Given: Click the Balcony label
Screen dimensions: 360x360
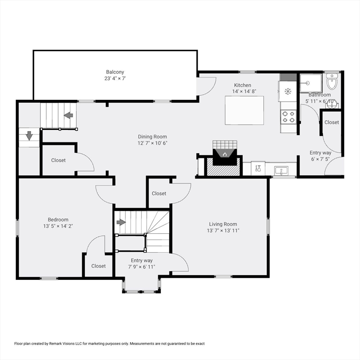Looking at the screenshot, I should coord(115,72).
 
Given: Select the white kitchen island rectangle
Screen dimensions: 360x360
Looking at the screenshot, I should coord(244,110).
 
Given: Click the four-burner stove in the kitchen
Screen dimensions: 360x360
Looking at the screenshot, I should coord(288,116).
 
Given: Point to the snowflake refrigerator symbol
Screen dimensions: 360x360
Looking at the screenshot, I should coord(288,91).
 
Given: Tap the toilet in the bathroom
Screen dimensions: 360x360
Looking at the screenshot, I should coord(332,82).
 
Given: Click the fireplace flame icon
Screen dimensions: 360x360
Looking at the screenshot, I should coord(225,154).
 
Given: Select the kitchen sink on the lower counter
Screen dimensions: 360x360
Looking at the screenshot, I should coord(281,170).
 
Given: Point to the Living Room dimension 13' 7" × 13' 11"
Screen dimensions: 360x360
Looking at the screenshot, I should coord(223,231).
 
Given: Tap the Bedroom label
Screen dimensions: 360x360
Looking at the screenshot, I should coord(58,219).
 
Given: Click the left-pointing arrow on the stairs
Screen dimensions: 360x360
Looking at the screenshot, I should coord(68,115).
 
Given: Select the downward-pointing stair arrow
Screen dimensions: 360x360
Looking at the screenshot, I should coord(29,136).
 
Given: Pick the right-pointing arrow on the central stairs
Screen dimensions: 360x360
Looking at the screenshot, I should coord(121,222).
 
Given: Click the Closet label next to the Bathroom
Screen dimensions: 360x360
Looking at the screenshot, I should coord(331,122).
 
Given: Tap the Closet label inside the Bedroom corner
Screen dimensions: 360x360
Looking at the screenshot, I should coord(98,266).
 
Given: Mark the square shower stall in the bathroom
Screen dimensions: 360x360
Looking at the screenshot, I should coord(311,83).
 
